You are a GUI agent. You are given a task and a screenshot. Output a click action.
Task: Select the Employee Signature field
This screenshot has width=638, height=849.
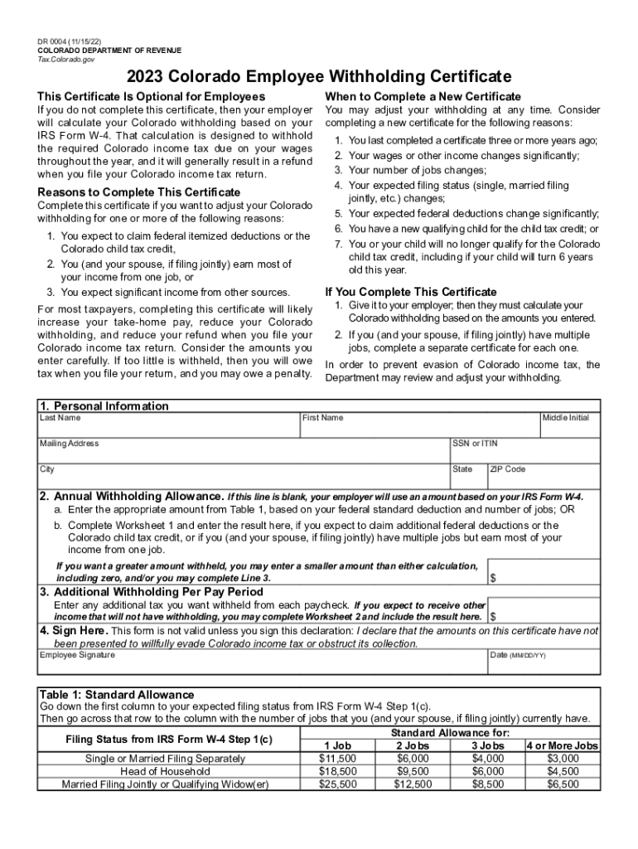tap(262, 665)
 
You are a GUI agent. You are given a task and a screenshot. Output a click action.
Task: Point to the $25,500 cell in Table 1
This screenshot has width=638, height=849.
tap(337, 784)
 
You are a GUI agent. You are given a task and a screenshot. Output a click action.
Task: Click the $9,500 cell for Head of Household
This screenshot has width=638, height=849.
tap(413, 771)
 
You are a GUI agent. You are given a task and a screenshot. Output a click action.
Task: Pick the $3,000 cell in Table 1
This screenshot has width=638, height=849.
tap(563, 758)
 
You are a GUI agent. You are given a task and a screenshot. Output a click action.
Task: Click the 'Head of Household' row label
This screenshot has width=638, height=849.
tap(165, 771)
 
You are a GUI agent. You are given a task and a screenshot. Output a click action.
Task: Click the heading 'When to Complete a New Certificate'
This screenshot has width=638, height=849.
tap(423, 96)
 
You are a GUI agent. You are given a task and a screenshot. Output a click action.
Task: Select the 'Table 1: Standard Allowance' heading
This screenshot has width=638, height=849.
tap(117, 694)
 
